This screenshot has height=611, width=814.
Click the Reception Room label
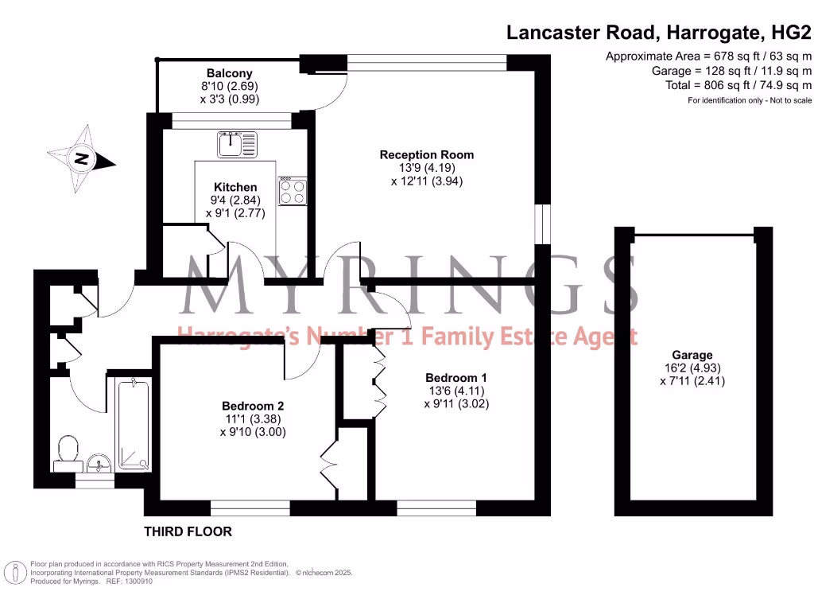tap(426, 155)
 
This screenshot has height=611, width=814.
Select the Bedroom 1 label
tap(455, 377)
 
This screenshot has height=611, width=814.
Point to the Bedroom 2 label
tap(252, 404)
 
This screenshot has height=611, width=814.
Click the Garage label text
tap(692, 355)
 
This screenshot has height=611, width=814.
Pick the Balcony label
tap(230, 73)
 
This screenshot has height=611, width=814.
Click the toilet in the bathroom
tap(67, 453)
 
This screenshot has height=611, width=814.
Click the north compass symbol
tap(81, 159)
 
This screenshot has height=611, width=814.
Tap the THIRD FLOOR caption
tap(188, 531)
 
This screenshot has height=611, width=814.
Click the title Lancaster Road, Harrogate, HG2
tap(659, 33)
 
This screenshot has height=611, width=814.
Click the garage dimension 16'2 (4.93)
tap(692, 368)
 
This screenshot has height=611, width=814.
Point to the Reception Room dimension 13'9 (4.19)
tap(426, 168)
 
